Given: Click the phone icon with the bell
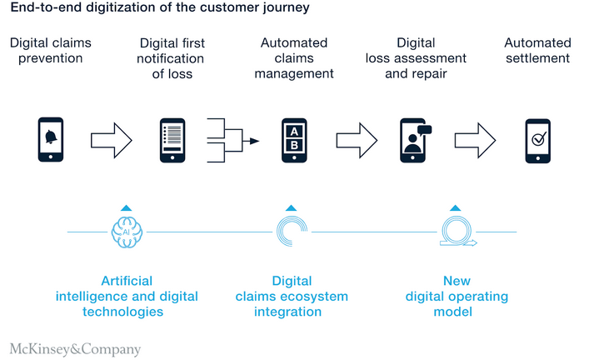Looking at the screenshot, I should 52,139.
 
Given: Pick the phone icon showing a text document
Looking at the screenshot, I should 172,139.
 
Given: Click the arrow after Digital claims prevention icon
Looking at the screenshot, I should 110,139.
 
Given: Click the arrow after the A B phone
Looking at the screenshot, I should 357,139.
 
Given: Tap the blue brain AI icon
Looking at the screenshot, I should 126,231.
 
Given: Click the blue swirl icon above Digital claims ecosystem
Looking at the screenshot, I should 291,231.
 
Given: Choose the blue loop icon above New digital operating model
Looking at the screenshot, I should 457,231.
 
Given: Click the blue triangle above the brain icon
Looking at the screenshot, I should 125,207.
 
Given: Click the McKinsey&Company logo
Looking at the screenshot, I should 75,349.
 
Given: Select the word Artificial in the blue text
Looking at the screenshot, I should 127,281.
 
